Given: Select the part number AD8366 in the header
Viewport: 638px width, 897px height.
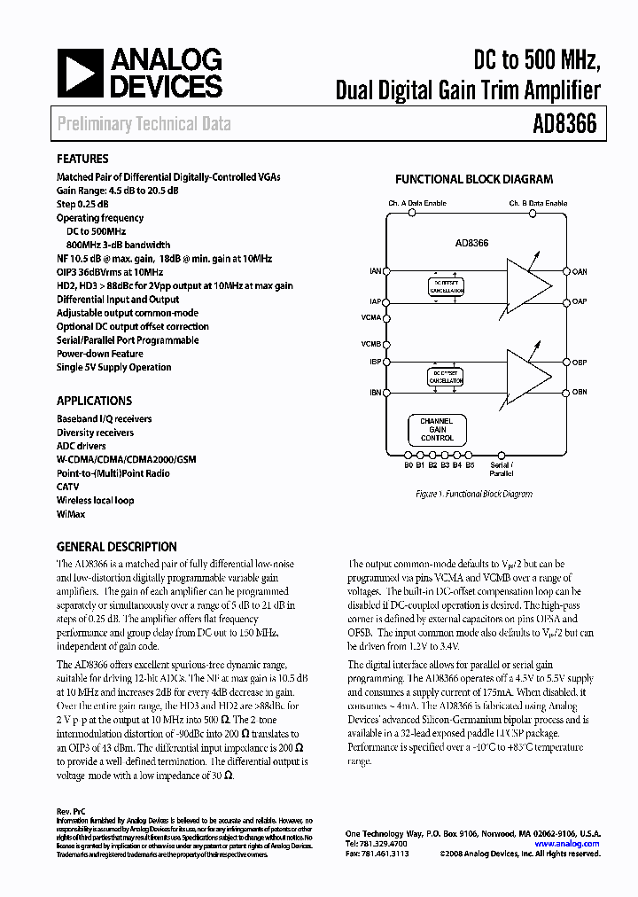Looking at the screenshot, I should tap(564, 124).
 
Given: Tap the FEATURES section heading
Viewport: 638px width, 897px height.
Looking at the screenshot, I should tap(82, 160).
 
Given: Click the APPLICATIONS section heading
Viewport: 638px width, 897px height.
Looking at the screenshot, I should tap(94, 401).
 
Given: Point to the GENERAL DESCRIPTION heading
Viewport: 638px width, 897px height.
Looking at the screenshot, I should tap(116, 547).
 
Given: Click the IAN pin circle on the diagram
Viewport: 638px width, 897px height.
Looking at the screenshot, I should tap(385, 271).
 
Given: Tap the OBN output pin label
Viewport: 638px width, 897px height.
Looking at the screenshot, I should tap(580, 392).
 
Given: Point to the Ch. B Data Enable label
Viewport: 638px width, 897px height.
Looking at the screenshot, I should tap(537, 203).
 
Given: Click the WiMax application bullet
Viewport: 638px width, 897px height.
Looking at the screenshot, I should tap(75, 513).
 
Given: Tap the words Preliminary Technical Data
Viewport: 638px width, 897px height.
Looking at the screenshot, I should tap(144, 124).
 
